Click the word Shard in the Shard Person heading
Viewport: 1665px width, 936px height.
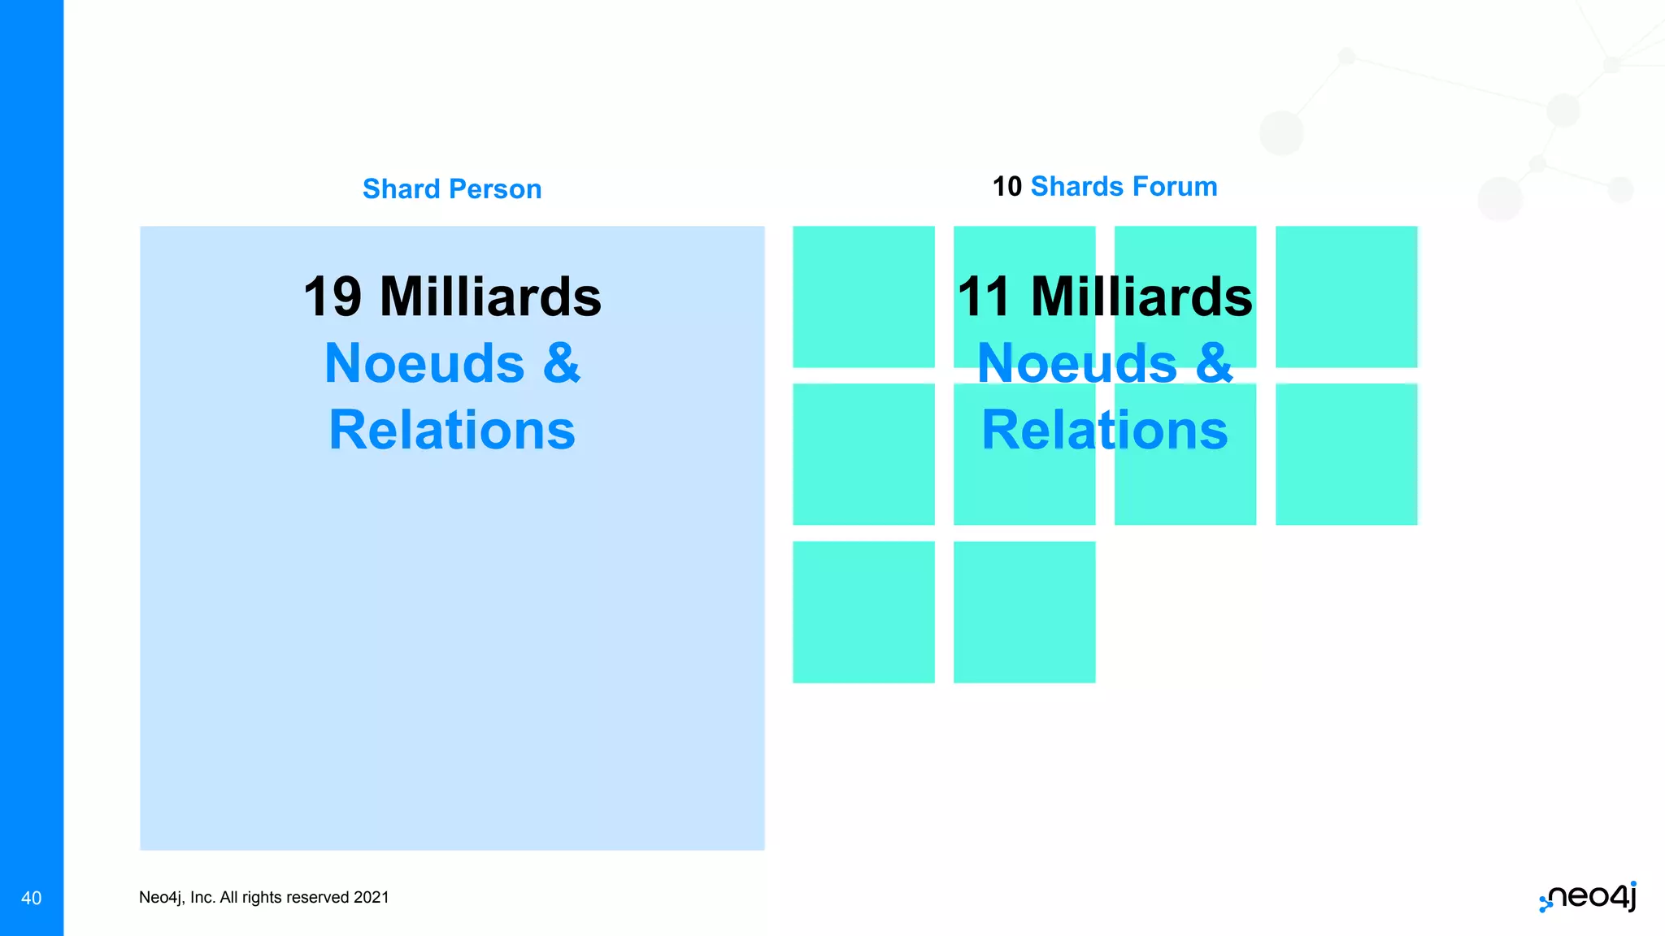[x=401, y=189]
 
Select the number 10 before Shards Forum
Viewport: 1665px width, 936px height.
[x=1006, y=187]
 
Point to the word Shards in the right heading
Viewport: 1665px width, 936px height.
[x=1078, y=187]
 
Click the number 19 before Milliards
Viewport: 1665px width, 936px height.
[x=333, y=297]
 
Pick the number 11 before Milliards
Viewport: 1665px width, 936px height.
[x=984, y=297]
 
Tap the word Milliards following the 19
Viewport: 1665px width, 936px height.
[x=490, y=297]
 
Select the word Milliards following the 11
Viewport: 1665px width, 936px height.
[x=1141, y=297]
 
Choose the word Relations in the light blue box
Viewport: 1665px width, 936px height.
[x=452, y=430]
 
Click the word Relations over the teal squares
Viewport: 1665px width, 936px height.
[x=1104, y=430]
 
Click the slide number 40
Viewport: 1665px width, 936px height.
[x=31, y=898]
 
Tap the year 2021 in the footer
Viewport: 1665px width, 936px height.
[x=372, y=897]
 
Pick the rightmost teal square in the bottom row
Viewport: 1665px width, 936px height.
[x=1024, y=612]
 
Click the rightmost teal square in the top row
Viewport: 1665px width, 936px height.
[x=1346, y=297]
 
